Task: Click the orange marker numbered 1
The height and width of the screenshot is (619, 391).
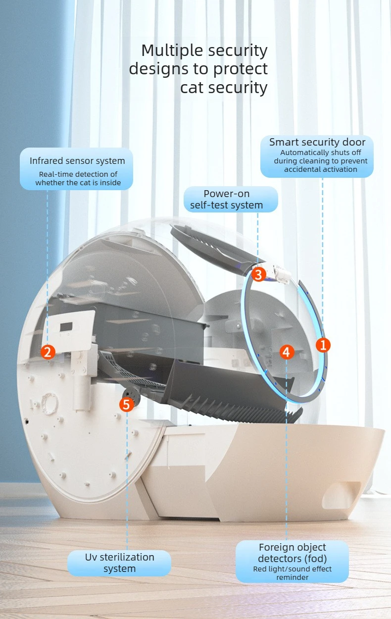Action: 323,345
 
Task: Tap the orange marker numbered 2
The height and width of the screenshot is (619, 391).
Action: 48,352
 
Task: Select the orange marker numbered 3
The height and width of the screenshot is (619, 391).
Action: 259,274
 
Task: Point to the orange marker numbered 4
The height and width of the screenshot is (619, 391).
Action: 287,352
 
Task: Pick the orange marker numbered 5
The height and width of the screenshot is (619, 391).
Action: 127,405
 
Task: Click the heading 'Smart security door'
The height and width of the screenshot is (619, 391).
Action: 317,142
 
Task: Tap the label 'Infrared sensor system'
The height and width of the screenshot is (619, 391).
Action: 77,160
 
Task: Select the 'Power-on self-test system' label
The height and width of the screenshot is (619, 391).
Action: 226,199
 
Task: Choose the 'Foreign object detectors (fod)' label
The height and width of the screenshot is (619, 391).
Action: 293,553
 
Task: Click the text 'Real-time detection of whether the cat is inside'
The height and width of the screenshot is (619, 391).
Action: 78,178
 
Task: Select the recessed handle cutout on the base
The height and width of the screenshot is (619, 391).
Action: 342,497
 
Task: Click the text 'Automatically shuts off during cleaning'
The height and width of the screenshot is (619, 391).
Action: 321,156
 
